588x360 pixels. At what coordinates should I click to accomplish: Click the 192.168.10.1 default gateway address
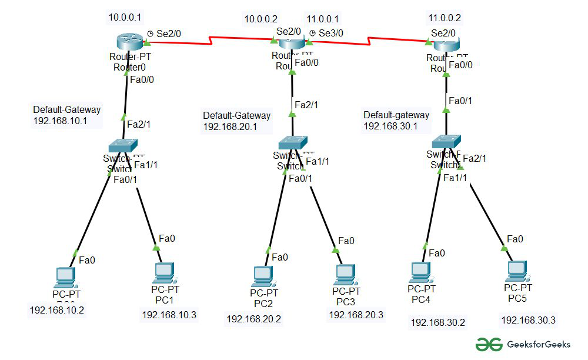tap(60, 121)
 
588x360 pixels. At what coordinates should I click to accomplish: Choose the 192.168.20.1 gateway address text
tap(230, 127)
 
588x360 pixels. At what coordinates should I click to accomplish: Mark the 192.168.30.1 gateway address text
tap(390, 126)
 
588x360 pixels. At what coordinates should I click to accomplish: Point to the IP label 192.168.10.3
tap(169, 315)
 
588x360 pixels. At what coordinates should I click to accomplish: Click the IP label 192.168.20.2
tap(254, 319)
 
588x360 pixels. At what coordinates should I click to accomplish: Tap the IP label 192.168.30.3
tap(528, 320)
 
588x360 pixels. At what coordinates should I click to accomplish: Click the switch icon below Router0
tap(123, 145)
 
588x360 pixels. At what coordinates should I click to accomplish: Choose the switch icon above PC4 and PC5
tap(446, 142)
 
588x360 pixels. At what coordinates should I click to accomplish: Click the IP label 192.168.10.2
tap(57, 310)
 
